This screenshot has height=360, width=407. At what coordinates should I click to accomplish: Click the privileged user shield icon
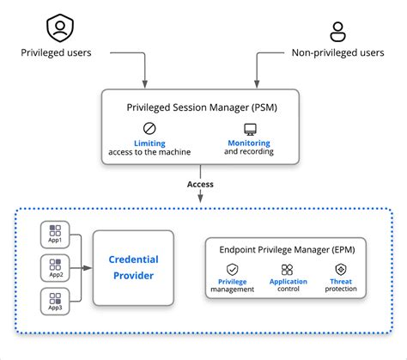point(58,27)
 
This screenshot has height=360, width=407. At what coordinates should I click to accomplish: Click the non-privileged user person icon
point(337,31)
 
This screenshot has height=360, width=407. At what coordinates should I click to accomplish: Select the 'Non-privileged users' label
point(337,53)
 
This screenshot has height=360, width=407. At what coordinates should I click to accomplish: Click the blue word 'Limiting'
point(149,143)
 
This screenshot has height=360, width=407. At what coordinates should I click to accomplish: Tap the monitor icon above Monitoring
point(250,129)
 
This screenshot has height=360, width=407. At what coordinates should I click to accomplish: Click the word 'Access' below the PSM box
point(201,184)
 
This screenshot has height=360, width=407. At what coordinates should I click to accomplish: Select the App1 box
point(55,234)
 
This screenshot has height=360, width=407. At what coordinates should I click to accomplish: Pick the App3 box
point(55,302)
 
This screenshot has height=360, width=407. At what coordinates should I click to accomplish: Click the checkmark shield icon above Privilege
point(232,270)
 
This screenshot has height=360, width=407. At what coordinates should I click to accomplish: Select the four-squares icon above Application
point(288,270)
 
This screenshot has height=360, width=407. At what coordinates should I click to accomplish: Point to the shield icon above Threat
point(341,270)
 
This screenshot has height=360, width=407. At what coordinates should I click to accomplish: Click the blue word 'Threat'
point(341,281)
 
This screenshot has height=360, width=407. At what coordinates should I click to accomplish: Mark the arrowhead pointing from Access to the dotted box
point(201,201)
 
